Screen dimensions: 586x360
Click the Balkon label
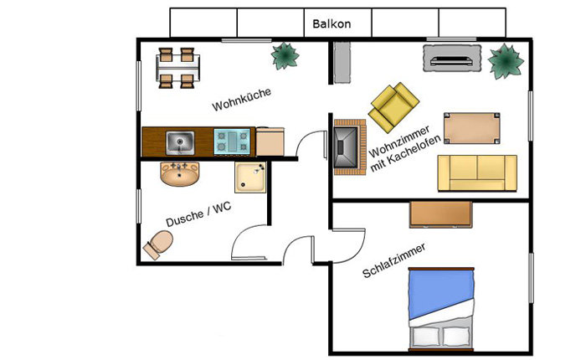(x=332, y=24)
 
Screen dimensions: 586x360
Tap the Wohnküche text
(x=241, y=100)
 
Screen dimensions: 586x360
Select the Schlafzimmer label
(x=394, y=260)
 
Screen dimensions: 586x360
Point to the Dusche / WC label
(x=198, y=214)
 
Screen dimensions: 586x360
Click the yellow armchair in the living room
(x=393, y=107)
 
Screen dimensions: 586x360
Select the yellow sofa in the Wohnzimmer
(x=477, y=173)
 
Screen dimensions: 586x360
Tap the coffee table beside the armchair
(x=472, y=128)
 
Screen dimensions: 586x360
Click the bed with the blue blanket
(x=441, y=310)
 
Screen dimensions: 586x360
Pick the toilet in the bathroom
(x=158, y=244)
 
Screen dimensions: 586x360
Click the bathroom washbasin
(x=180, y=174)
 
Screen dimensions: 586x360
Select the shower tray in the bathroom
(x=250, y=177)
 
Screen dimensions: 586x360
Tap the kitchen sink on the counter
(x=180, y=142)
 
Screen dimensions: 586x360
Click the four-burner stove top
(x=232, y=141)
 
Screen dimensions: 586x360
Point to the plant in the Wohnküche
(x=285, y=56)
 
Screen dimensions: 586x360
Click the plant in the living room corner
(x=506, y=61)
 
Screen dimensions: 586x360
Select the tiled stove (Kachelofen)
(x=349, y=147)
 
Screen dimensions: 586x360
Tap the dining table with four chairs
(x=177, y=68)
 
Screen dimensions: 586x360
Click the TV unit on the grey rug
(x=452, y=59)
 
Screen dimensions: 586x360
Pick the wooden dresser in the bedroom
(x=441, y=214)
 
